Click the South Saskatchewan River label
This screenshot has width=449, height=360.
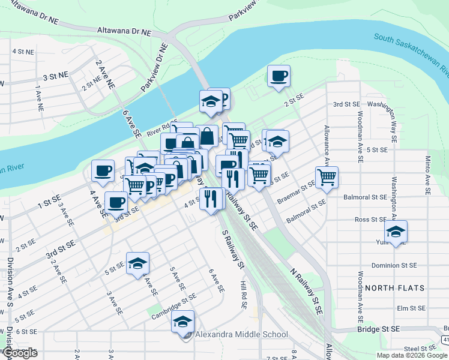(411, 53)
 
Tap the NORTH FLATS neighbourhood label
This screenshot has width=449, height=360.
(403, 288)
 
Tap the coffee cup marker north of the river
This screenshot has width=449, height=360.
(279, 76)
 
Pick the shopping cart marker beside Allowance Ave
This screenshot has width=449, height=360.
(327, 177)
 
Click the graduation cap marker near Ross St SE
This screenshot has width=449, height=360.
(396, 232)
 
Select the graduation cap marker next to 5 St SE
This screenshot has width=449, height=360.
(137, 263)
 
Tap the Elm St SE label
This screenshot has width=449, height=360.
(411, 308)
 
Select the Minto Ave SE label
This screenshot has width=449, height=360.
(427, 175)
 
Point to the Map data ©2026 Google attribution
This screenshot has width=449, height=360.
(411, 355)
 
